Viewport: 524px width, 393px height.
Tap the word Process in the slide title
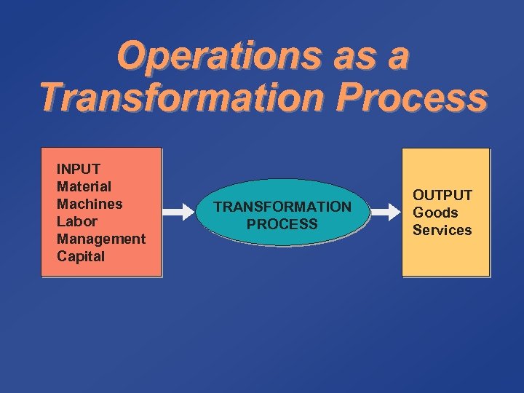pos(418,98)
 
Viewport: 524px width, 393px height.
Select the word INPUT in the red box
pos(79,169)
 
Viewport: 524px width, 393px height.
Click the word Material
pos(84,186)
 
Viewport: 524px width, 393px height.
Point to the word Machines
pos(90,204)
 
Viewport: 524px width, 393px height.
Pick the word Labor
pos(76,221)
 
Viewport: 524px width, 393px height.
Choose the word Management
pos(101,239)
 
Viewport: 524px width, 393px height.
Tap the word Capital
pos(81,256)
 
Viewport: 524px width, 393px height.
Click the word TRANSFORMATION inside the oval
pos(282,207)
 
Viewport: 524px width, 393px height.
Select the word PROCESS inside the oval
pos(282,224)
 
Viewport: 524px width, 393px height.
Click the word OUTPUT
pos(442,195)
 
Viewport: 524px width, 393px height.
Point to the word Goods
pos(435,213)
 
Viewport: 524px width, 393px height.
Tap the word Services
pos(442,230)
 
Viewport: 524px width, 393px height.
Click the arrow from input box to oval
pos(178,213)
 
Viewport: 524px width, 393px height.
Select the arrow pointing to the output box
pos(386,213)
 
